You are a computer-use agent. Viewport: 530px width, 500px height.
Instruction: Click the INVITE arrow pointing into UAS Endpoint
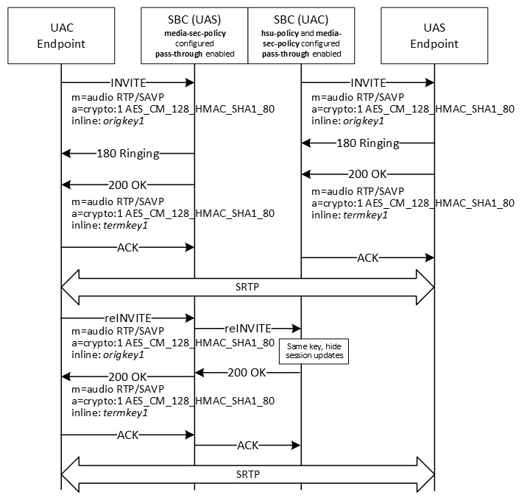click(367, 83)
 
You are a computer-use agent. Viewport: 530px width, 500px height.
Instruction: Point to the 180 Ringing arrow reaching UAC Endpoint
click(128, 154)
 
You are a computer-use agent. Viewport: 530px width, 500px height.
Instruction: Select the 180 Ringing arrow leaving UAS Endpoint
click(367, 143)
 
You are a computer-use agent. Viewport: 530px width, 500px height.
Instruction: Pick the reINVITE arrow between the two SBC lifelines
click(247, 328)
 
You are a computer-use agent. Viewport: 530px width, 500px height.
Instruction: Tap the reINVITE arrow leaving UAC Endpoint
click(128, 318)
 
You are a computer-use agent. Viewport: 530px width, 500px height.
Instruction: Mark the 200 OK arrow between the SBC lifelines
click(247, 373)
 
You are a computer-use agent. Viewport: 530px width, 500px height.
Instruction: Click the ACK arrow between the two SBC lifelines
click(247, 445)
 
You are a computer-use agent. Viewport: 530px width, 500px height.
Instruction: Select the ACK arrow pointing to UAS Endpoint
click(367, 258)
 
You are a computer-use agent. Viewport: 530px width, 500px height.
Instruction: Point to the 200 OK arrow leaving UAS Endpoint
click(367, 174)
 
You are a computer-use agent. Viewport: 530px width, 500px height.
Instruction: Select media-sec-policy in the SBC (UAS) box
click(194, 34)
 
